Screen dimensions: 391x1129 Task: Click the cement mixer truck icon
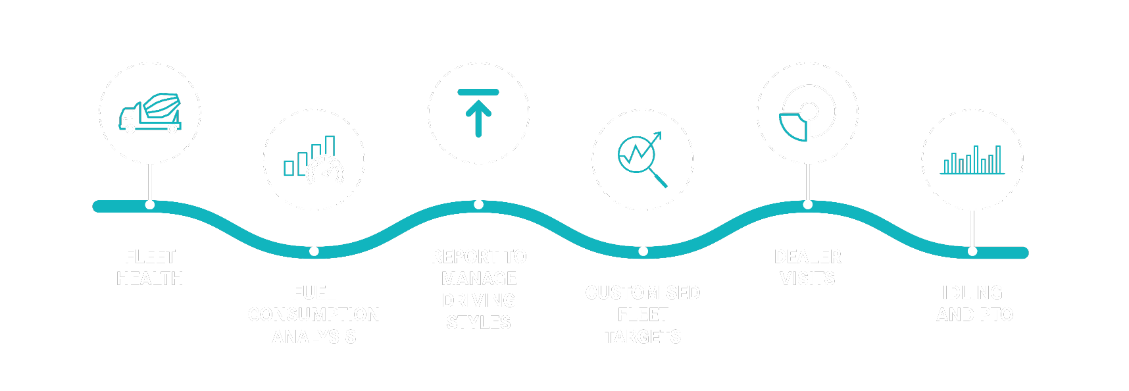pyautogui.click(x=150, y=113)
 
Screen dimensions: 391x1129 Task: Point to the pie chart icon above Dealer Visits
pyautogui.click(x=807, y=113)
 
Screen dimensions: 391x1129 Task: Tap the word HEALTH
pyautogui.click(x=150, y=279)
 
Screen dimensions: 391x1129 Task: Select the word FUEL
pyautogui.click(x=314, y=293)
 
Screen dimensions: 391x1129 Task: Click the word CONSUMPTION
pyautogui.click(x=314, y=315)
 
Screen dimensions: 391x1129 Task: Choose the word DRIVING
pyautogui.click(x=478, y=301)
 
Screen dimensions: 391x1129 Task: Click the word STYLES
pyautogui.click(x=478, y=323)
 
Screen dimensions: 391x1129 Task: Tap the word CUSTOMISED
pyautogui.click(x=643, y=293)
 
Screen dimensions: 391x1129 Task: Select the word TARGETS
pyautogui.click(x=643, y=337)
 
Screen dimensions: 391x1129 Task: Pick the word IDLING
pyautogui.click(x=972, y=293)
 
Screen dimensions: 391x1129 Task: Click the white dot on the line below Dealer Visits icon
pyautogui.click(x=808, y=205)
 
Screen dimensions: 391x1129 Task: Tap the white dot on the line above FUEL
pyautogui.click(x=314, y=251)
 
